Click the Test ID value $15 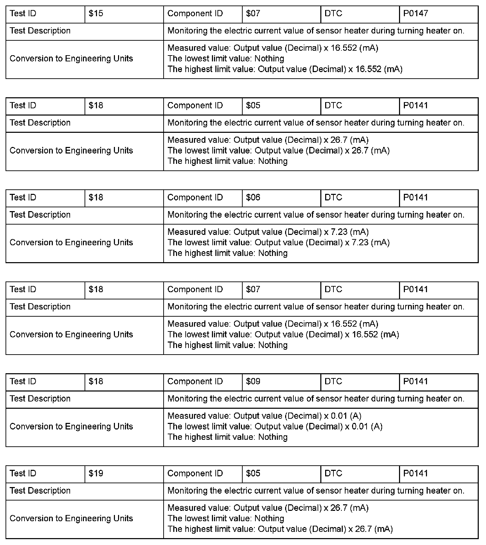click(x=96, y=14)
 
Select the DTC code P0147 click(x=416, y=14)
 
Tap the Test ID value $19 click(x=96, y=474)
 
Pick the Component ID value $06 click(x=253, y=198)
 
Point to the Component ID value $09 click(x=253, y=381)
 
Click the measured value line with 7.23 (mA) click(x=268, y=232)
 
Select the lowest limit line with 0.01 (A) click(x=275, y=427)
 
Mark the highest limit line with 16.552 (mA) click(x=285, y=69)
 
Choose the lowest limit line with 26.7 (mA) click(x=278, y=151)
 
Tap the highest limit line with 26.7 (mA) click(x=280, y=529)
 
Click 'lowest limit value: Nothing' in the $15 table click(x=226, y=59)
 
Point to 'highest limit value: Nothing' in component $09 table click(x=227, y=437)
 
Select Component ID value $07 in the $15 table click(x=253, y=14)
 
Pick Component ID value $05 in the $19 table click(x=253, y=474)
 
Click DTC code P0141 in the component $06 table click(x=416, y=198)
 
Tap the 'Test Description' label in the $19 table click(x=40, y=491)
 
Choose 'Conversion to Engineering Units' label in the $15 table click(x=71, y=59)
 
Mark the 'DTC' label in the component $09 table click(x=333, y=381)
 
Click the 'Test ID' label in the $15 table click(x=23, y=14)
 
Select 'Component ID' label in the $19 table click(x=195, y=474)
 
